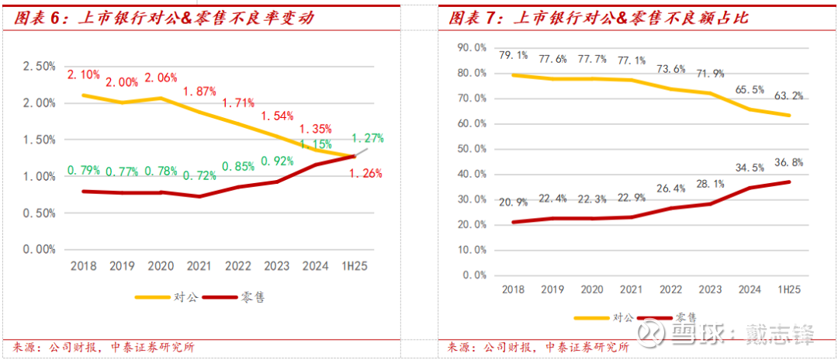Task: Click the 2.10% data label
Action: click(83, 74)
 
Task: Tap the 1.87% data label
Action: click(199, 92)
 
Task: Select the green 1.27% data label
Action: click(368, 139)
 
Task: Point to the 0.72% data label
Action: click(199, 176)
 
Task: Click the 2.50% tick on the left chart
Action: click(40, 67)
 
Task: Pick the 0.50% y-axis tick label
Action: click(40, 213)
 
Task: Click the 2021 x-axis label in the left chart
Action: click(199, 266)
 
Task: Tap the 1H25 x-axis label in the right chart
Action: click(788, 289)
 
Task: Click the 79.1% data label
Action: click(513, 55)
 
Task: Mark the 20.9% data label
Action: click(513, 202)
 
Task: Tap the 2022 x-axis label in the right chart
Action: click(670, 289)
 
